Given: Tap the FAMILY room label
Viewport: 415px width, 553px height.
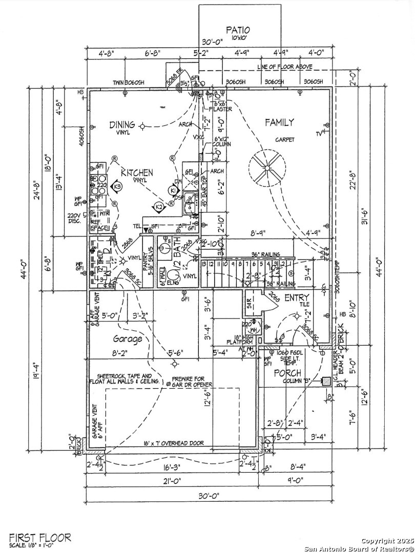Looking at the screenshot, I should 279,122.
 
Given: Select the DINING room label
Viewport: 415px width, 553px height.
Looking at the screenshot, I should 122,124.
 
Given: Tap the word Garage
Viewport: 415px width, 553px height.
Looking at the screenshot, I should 128,339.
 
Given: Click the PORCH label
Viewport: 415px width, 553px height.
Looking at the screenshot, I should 287,373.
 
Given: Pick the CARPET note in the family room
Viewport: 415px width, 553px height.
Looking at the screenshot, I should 285,139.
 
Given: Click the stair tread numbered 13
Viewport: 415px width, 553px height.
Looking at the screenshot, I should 204,264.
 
